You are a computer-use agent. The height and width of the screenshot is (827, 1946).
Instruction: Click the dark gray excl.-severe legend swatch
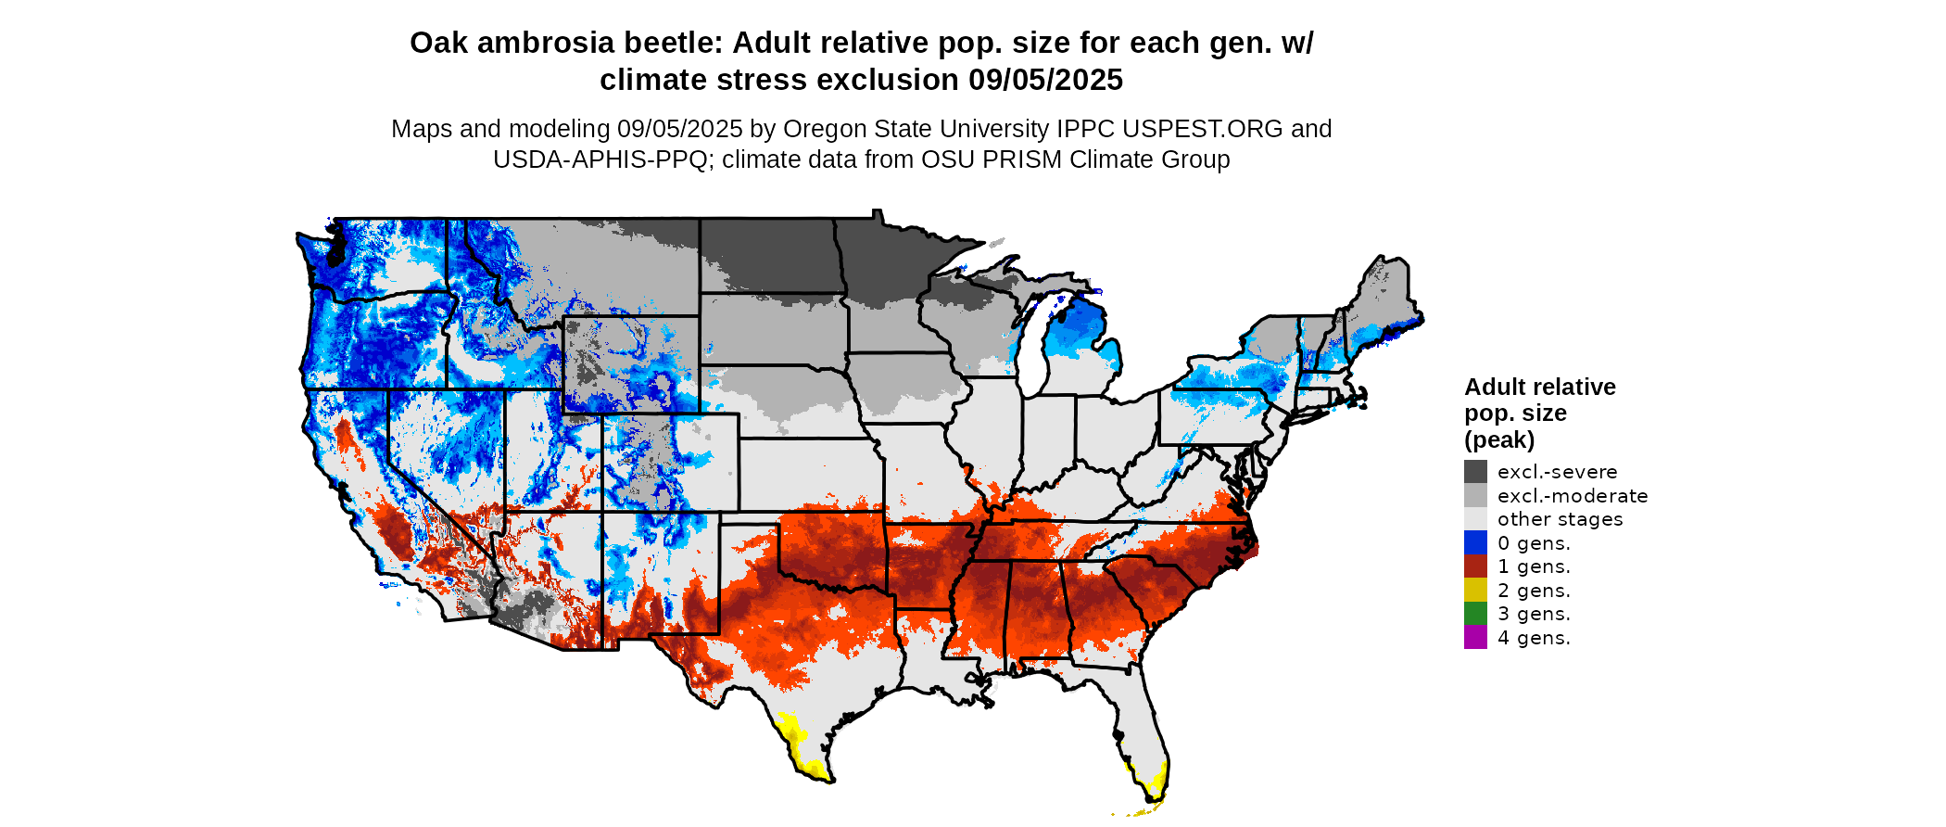click(1475, 472)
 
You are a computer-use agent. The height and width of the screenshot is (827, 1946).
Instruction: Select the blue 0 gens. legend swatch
click(1475, 542)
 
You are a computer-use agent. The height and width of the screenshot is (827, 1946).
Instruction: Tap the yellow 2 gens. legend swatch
click(1475, 590)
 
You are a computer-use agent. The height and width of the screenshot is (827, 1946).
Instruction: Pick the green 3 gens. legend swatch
click(1475, 614)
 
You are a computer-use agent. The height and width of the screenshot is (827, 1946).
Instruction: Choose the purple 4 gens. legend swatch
click(1475, 637)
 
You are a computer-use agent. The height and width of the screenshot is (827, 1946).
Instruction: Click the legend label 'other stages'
click(1560, 519)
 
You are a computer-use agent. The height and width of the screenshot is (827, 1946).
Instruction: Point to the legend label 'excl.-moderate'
click(1572, 496)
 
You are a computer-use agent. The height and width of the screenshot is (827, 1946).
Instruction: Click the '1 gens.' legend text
click(1534, 566)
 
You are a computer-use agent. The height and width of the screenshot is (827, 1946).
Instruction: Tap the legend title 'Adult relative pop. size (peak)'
click(1539, 413)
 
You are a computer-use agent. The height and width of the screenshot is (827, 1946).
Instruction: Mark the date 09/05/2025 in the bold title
click(1045, 81)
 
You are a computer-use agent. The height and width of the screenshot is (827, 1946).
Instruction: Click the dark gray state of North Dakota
click(769, 255)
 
